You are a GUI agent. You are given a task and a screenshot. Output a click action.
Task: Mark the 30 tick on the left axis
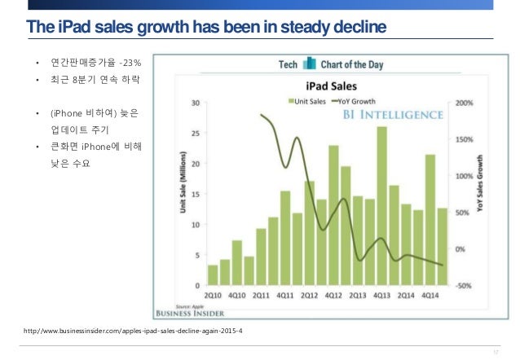[196, 103]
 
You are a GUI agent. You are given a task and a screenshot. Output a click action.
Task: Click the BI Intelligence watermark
[393, 116]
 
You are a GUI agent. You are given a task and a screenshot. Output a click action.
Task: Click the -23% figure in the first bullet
[130, 62]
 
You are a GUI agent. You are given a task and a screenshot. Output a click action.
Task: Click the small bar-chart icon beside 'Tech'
[309, 64]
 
